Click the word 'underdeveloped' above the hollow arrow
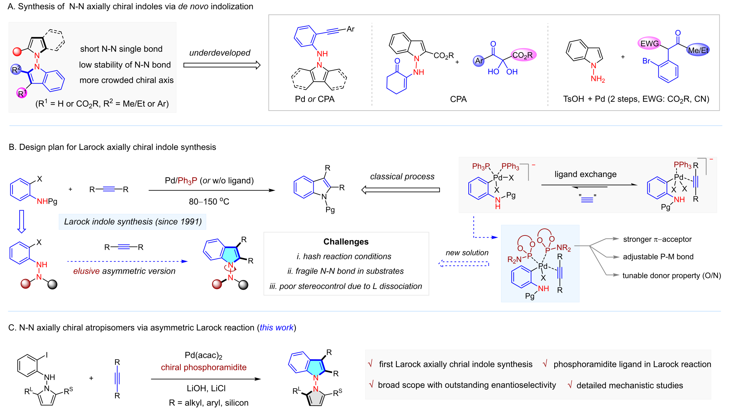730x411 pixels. pos(220,53)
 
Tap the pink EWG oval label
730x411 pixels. pos(649,44)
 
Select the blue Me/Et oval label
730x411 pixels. pos(698,50)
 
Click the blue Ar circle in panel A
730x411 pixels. pos(479,61)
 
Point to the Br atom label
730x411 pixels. pos(646,61)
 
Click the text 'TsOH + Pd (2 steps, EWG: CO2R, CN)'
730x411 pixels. pos(636,99)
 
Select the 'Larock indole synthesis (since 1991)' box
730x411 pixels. pos(133,222)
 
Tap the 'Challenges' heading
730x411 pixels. pos(346,242)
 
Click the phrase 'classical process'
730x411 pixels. pos(402,176)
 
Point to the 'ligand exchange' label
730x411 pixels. pos(585,174)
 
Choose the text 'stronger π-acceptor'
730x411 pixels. pos(657,239)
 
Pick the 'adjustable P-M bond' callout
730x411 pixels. pos(658,257)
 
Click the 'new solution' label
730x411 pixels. pos(467,253)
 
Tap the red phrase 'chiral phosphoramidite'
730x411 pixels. pos(204,367)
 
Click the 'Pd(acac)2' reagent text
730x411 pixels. pos(204,355)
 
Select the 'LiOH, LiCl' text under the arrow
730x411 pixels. pos(206,388)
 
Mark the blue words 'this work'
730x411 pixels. pos(276,328)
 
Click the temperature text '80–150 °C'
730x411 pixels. pos(209,202)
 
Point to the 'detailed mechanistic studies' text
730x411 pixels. pos(629,385)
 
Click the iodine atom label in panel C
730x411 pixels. pos(47,355)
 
